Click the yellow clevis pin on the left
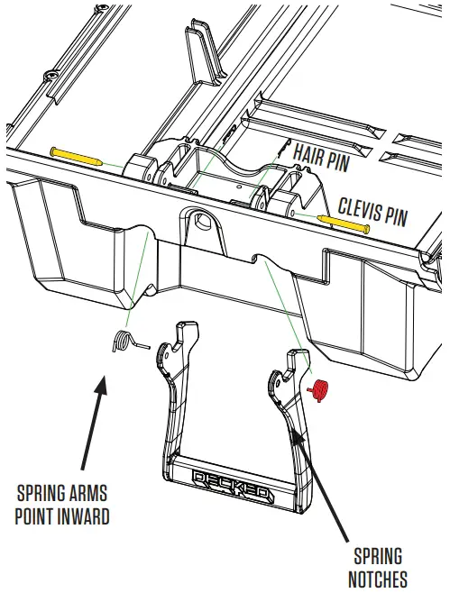click(78, 155)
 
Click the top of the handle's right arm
click(296, 354)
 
